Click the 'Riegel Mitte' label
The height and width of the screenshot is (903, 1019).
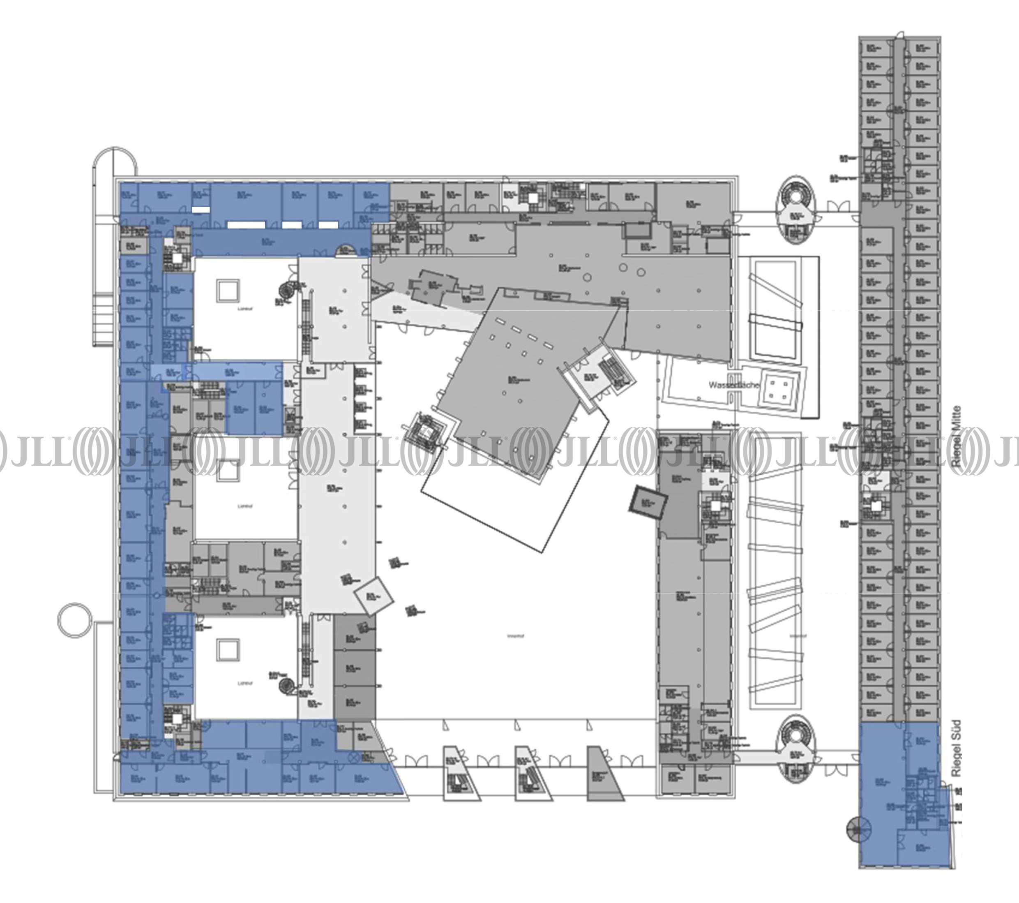coord(956,436)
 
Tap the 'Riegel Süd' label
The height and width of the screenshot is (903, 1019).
coord(956,748)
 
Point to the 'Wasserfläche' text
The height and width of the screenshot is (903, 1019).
coord(734,386)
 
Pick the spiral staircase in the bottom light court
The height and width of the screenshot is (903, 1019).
coord(286,686)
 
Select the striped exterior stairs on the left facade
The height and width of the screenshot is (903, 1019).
coord(103,319)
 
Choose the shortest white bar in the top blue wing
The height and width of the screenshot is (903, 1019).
coord(201,210)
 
